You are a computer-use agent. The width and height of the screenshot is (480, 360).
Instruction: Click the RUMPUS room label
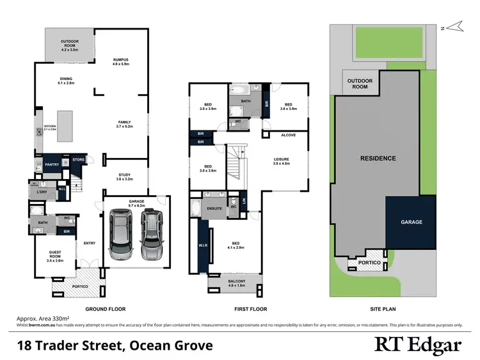point(121,58)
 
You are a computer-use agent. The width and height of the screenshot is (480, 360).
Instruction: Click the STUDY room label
point(125,177)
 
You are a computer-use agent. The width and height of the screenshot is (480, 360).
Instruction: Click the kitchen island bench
point(65,124)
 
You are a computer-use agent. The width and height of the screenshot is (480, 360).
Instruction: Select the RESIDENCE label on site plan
point(378,158)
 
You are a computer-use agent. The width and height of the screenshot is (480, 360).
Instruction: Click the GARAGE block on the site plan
point(411,222)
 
